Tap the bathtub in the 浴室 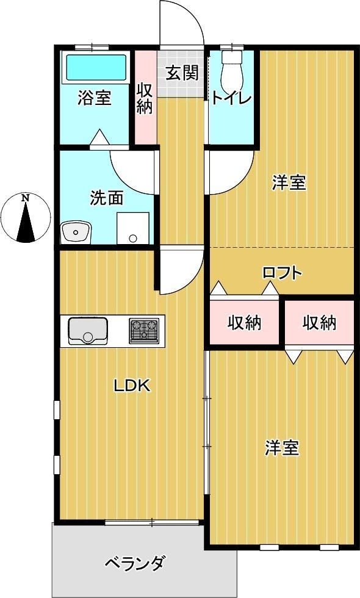[x=95, y=68]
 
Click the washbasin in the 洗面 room [x=76, y=232]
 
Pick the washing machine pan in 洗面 [x=133, y=228]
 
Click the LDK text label [x=132, y=386]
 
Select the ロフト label [x=282, y=273]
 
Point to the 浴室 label [x=95, y=98]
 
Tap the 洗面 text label [x=107, y=198]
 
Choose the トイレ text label [x=231, y=98]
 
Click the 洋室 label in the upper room [x=289, y=182]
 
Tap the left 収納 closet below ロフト [x=245, y=322]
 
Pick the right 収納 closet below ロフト [x=319, y=322]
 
